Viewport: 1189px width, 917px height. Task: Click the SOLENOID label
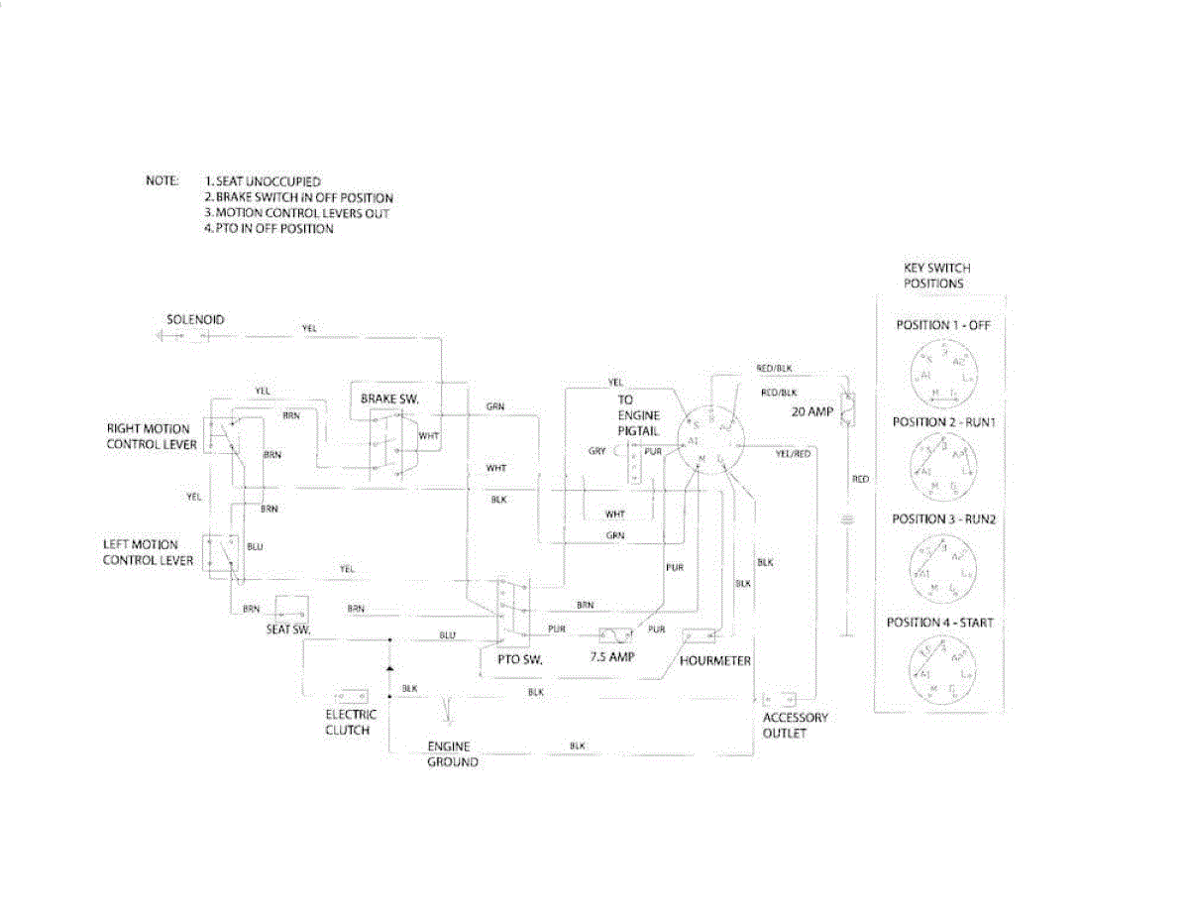point(195,319)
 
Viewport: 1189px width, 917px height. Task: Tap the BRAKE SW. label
point(390,398)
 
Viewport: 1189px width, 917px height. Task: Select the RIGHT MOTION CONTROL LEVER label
point(149,436)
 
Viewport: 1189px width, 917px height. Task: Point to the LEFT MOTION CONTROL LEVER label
point(141,553)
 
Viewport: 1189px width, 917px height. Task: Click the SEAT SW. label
point(288,630)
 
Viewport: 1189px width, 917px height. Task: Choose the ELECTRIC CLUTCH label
point(351,722)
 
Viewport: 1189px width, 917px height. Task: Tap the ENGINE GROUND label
point(452,753)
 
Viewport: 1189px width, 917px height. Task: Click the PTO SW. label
point(518,658)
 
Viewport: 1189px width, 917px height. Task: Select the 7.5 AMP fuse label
point(612,658)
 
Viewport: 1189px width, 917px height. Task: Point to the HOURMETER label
point(715,660)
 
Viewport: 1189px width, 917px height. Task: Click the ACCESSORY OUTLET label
point(795,725)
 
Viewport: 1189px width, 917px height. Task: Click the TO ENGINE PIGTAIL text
point(639,415)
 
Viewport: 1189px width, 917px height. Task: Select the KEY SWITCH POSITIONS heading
point(936,276)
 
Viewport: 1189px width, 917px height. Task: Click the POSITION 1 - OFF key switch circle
point(941,369)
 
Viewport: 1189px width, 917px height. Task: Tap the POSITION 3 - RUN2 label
point(942,519)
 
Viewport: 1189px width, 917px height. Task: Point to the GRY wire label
point(596,451)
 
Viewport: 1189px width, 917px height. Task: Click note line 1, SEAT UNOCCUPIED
point(262,182)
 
